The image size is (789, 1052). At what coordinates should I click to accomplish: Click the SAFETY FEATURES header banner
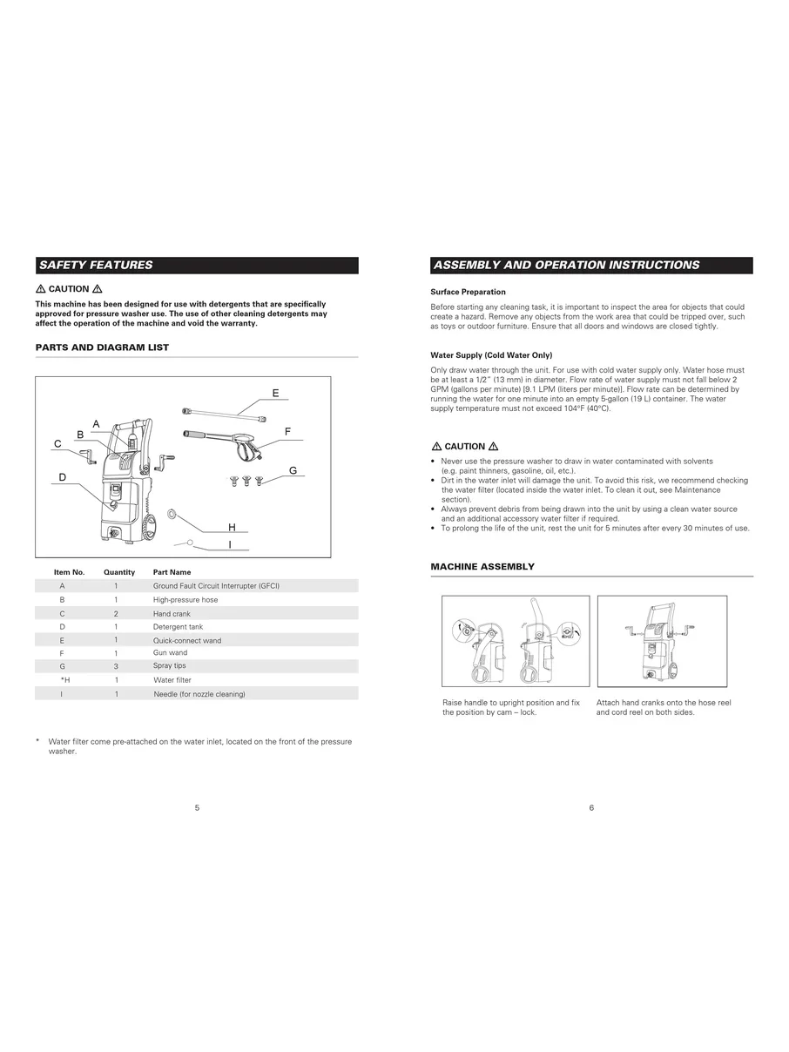(x=197, y=266)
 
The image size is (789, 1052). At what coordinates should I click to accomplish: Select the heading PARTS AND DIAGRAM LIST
(x=102, y=347)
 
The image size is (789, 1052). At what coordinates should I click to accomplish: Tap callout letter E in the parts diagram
(x=275, y=394)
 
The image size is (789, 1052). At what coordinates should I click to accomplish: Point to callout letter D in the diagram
(x=63, y=477)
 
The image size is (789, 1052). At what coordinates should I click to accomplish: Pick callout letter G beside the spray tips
(x=293, y=470)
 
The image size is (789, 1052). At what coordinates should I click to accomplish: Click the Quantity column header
(x=119, y=572)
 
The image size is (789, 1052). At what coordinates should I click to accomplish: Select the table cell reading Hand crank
(x=172, y=614)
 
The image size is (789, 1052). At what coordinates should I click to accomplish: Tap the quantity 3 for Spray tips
(x=116, y=666)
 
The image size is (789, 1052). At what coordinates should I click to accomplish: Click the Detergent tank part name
(x=178, y=627)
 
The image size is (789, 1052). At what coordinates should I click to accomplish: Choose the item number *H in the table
(x=64, y=680)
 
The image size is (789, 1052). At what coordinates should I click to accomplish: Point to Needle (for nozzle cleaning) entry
(x=199, y=694)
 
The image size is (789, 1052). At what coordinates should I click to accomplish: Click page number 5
(x=197, y=808)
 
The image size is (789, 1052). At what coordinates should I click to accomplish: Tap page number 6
(x=591, y=808)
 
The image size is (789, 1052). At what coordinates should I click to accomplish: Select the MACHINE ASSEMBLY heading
(x=482, y=567)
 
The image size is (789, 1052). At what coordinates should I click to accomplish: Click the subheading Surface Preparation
(x=468, y=292)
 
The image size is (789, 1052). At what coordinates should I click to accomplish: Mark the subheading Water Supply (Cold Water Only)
(x=491, y=355)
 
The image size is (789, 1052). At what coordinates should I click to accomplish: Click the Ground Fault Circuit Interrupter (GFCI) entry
(x=216, y=586)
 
